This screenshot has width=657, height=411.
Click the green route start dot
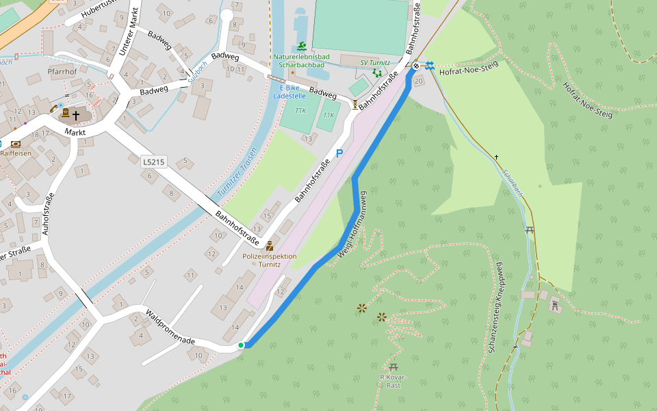tap(241, 345)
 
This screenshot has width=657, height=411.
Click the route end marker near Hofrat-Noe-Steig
tap(416, 66)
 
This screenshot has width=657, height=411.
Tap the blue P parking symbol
tap(339, 154)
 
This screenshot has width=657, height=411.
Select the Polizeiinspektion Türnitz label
tap(270, 260)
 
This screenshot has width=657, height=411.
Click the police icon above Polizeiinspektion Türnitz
tap(270, 245)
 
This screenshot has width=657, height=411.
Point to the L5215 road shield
tap(153, 162)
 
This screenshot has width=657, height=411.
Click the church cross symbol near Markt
tap(76, 116)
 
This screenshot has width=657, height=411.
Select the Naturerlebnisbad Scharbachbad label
tap(302, 61)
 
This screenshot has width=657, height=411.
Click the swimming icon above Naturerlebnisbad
tap(301, 46)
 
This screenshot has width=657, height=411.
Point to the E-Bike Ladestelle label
tap(289, 92)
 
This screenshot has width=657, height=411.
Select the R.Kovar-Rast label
tap(393, 382)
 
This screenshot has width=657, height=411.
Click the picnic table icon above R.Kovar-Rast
tap(393, 367)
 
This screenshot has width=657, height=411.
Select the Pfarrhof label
tap(62, 71)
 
